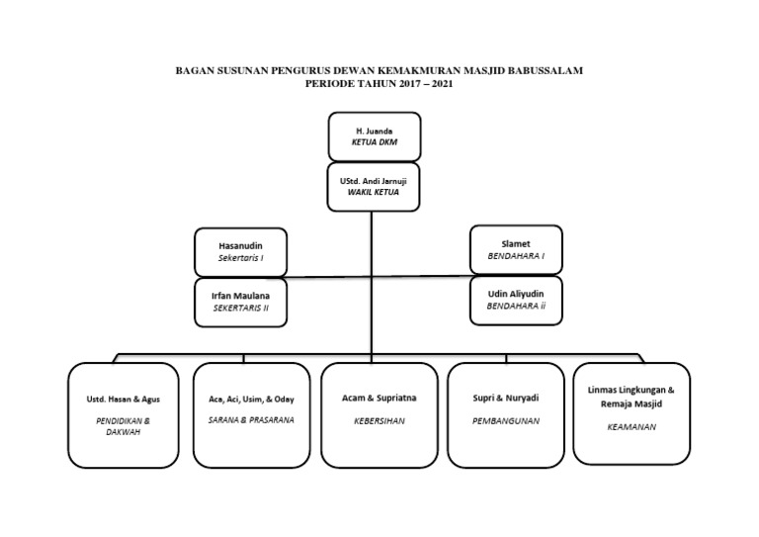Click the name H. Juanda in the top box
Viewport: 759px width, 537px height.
pyautogui.click(x=374, y=131)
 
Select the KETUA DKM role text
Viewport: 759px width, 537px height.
pyautogui.click(x=374, y=142)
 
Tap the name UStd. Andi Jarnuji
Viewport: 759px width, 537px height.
pyautogui.click(x=374, y=181)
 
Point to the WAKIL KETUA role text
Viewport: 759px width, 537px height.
pyautogui.click(x=374, y=193)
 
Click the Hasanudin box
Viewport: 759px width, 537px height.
pyautogui.click(x=240, y=251)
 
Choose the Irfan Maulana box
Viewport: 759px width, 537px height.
pyautogui.click(x=240, y=302)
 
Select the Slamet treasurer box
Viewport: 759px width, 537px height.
pyautogui.click(x=516, y=249)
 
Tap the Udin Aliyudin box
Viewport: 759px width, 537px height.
pyautogui.click(x=516, y=300)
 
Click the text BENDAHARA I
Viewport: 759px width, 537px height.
pyautogui.click(x=516, y=256)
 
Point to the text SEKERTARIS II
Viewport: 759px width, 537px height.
pyautogui.click(x=240, y=309)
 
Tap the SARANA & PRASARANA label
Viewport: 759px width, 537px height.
pyautogui.click(x=251, y=420)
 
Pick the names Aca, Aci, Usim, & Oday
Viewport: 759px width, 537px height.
pyautogui.click(x=251, y=399)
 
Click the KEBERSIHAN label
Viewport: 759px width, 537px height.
pyautogui.click(x=379, y=420)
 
